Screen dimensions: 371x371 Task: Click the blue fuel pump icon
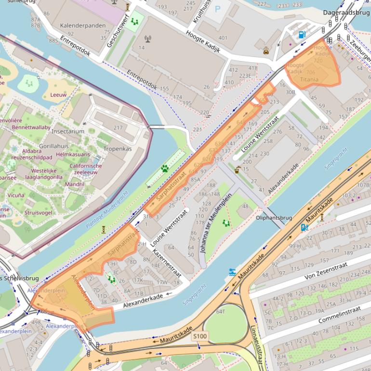point(302,34)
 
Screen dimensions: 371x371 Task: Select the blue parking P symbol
point(217,9)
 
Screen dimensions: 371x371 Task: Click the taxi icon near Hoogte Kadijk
point(266,50)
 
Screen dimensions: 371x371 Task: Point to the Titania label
point(309,79)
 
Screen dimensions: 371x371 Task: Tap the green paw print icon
point(165,169)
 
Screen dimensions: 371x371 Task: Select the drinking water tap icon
point(238,170)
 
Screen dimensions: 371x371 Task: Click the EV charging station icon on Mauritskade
point(304,227)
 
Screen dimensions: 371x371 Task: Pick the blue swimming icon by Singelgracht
point(233,272)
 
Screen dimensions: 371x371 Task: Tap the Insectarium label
point(68,131)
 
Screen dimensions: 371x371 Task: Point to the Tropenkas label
point(117,149)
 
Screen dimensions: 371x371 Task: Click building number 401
point(223,38)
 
